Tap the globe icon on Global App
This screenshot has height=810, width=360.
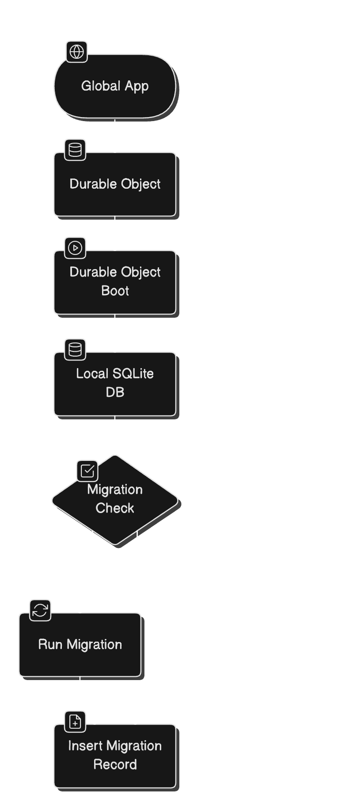tap(77, 52)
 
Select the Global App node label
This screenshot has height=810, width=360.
tap(115, 86)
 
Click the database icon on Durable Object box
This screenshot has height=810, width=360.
tap(75, 150)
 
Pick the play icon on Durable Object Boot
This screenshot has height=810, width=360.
tap(75, 248)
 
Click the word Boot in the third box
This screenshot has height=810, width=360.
tap(115, 291)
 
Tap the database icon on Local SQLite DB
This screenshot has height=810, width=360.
tap(75, 350)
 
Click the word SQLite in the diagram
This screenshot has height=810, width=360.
tap(133, 373)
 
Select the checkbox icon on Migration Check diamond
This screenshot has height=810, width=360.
tap(87, 471)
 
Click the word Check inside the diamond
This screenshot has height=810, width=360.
tap(115, 508)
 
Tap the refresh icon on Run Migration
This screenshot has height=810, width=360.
tap(40, 610)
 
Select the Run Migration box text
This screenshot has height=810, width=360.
tap(80, 644)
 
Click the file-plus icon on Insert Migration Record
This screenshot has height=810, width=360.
tap(75, 722)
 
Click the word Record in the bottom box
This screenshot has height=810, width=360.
tap(115, 764)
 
